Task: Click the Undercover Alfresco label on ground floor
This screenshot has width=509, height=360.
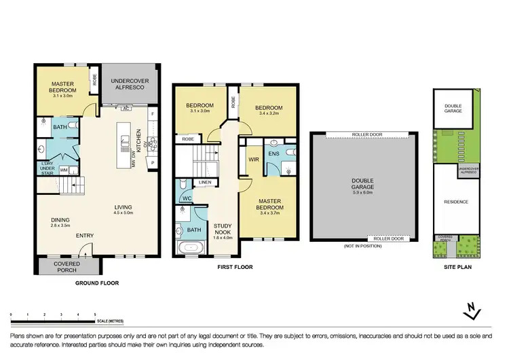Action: click(130, 84)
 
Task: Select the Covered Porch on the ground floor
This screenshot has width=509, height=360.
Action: click(67, 266)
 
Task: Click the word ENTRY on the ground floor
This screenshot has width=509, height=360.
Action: click(85, 236)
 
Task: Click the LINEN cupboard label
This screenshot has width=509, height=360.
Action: click(205, 182)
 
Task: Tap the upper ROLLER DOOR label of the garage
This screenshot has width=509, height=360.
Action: click(367, 134)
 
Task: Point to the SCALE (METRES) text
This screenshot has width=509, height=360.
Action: click(111, 320)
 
